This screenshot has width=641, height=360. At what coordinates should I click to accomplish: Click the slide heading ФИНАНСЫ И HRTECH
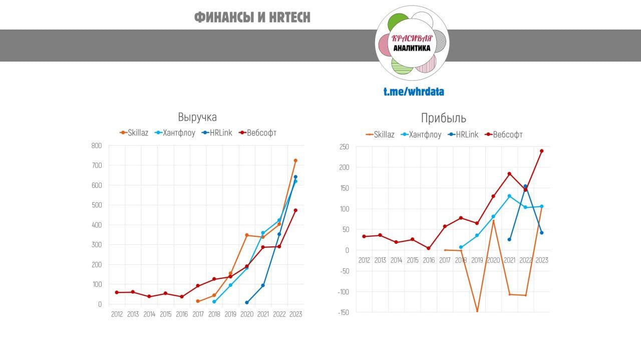click(252, 18)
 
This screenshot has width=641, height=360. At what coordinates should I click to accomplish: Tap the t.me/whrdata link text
click(414, 92)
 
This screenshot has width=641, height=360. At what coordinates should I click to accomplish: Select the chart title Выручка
click(197, 117)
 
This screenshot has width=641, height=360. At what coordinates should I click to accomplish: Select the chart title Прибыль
click(443, 118)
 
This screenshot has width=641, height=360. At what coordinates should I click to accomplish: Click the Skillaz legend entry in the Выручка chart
click(134, 133)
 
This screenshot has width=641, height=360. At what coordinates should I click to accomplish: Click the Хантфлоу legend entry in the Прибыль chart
click(421, 135)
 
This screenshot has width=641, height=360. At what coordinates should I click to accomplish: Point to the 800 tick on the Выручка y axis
click(96, 146)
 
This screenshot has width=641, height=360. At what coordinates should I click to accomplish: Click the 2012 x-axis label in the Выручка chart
click(117, 314)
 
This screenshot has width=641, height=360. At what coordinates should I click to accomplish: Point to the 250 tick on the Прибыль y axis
click(344, 147)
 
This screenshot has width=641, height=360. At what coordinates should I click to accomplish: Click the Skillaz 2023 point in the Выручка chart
click(295, 161)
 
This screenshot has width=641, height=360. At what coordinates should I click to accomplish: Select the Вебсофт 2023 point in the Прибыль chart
click(541, 151)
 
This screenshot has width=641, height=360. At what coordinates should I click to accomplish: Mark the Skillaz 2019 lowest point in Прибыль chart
click(477, 311)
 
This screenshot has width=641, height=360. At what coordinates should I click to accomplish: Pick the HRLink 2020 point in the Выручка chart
click(246, 302)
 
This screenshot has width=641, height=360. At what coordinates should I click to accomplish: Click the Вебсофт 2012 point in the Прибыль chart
click(364, 236)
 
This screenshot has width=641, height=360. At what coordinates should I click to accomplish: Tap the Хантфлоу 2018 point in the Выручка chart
click(214, 302)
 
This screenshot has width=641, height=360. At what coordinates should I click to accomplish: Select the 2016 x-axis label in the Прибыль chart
click(429, 260)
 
